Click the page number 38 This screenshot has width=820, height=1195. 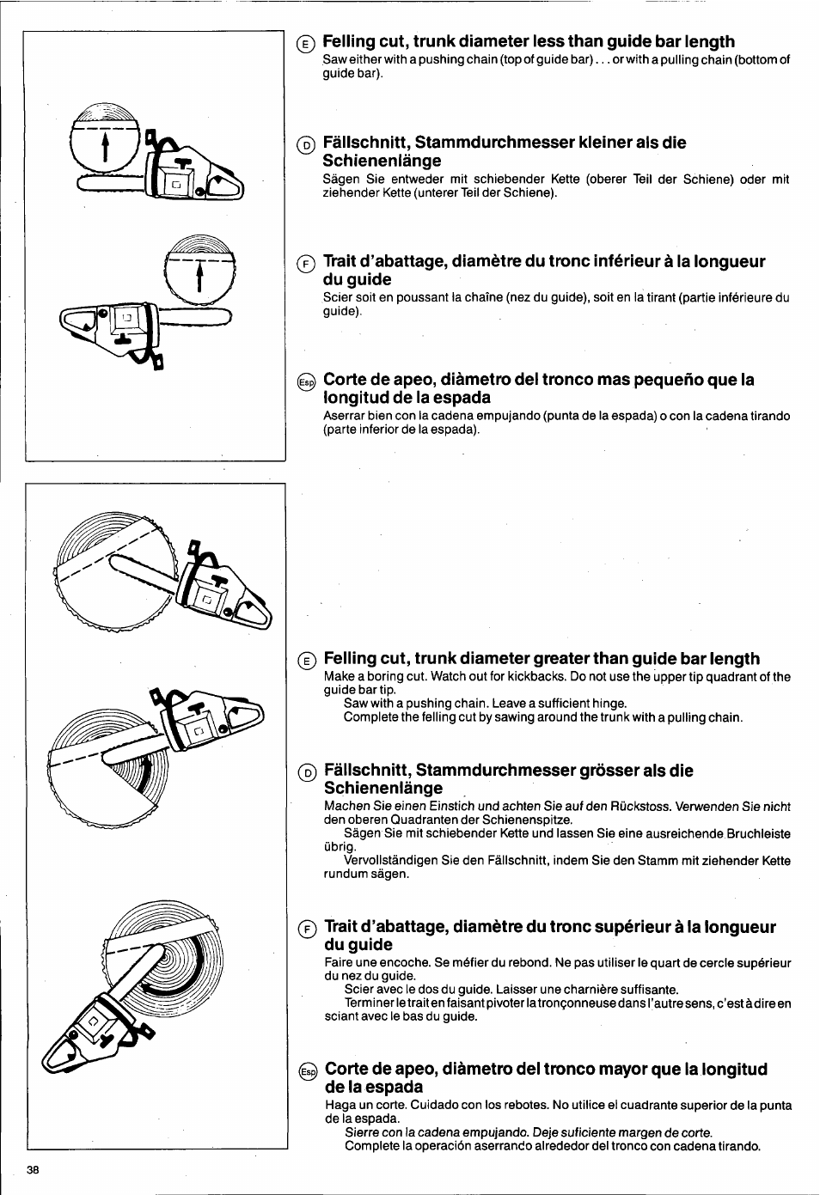coord(33,1170)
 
